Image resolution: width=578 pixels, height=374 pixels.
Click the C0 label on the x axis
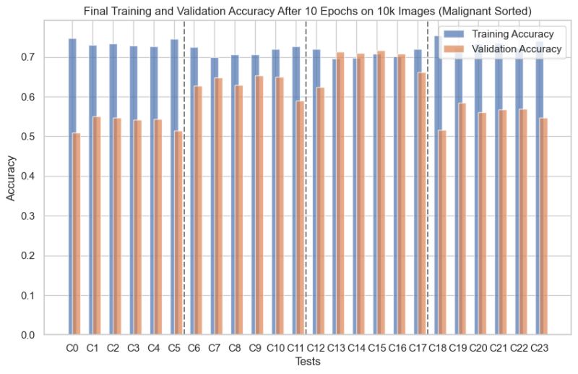[x=72, y=348]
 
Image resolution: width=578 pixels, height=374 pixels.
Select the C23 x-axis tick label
[x=539, y=348]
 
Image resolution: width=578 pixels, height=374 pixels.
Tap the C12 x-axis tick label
[x=316, y=348]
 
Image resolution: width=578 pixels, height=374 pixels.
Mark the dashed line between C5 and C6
[x=185, y=181]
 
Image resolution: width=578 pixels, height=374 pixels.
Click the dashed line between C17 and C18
[x=428, y=181]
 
